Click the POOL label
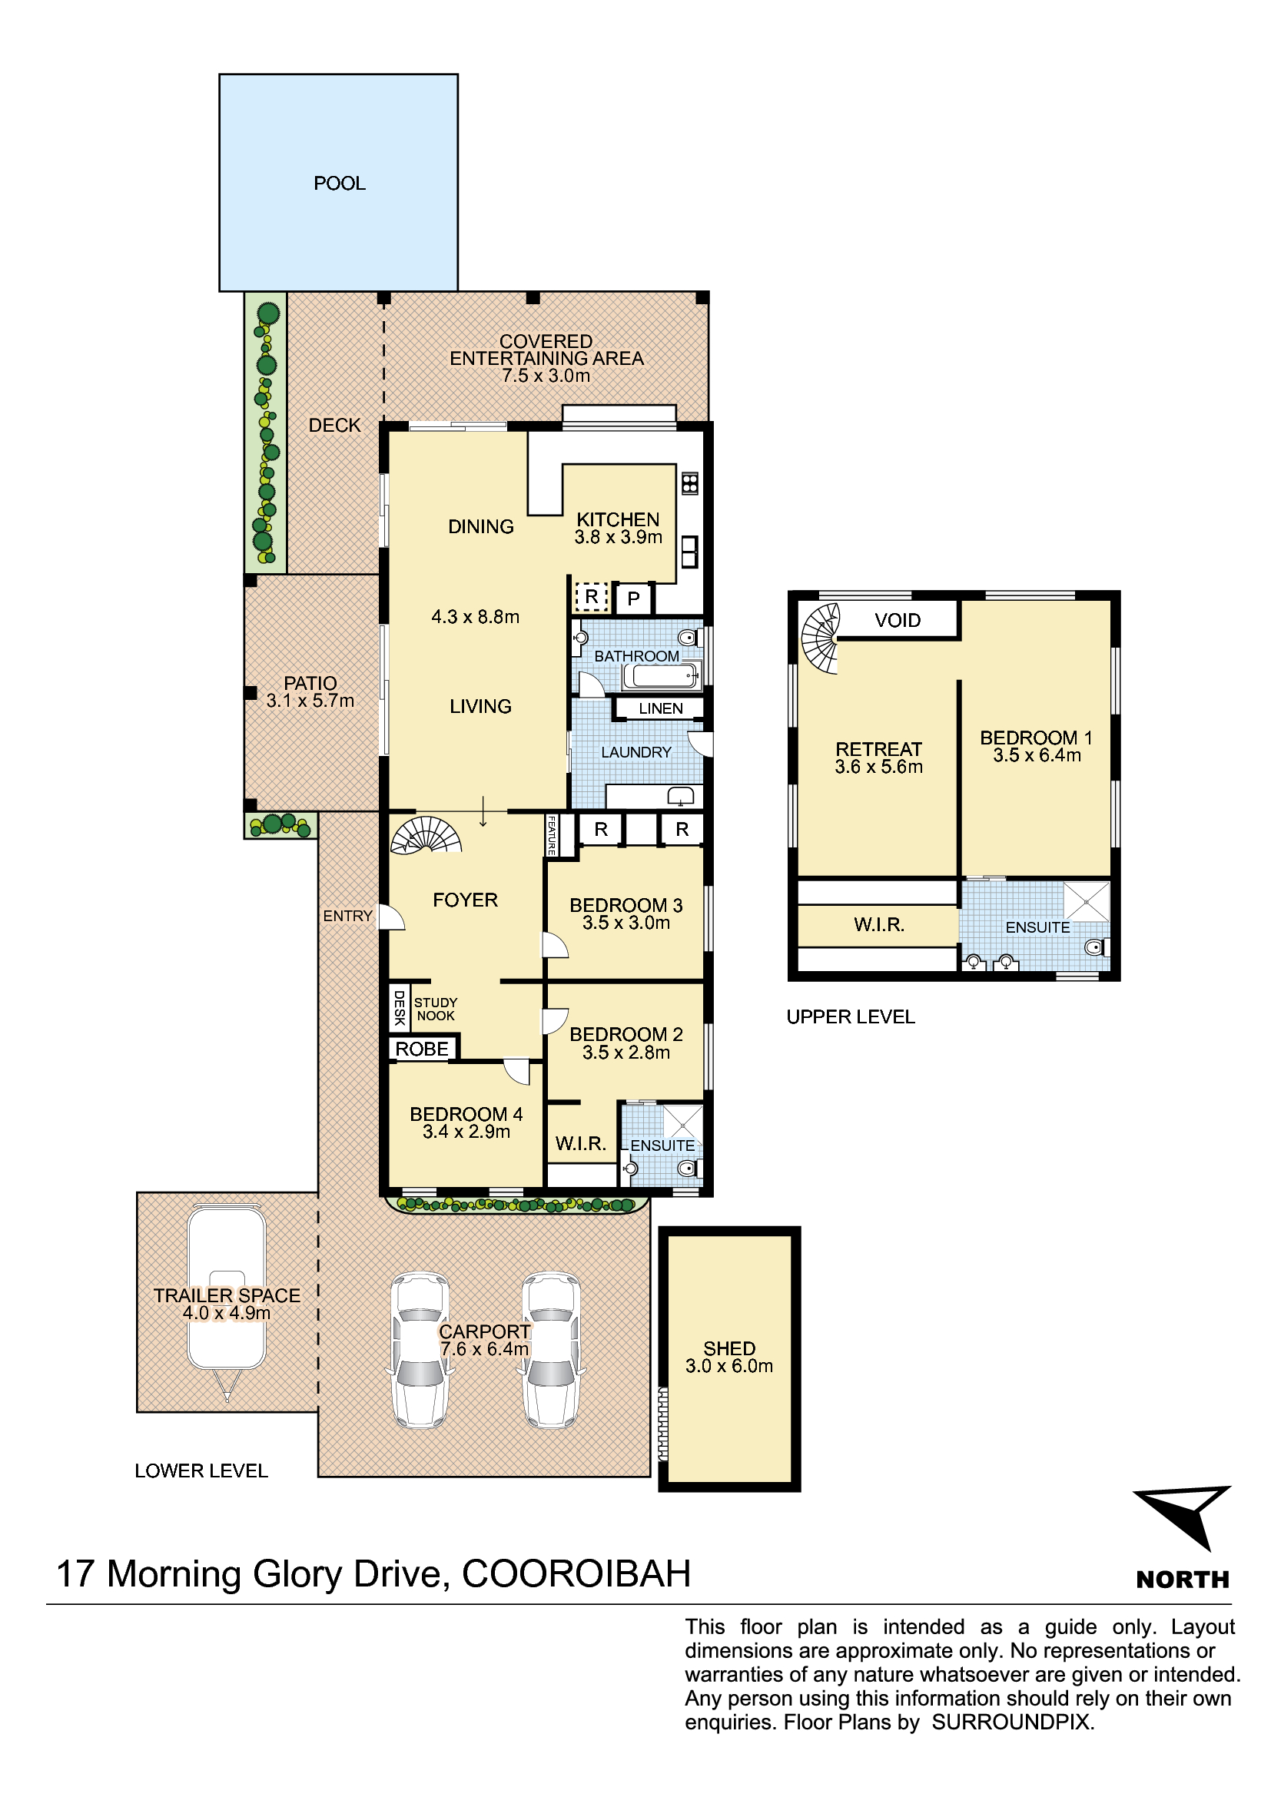pos(339,183)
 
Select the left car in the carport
pos(420,1350)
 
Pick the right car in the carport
pos(552,1350)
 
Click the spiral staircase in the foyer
pos(426,834)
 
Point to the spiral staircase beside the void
pos(820,638)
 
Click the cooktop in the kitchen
pos(689,483)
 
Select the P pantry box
pos(634,599)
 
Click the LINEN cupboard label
pos(661,708)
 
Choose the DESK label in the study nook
pos(399,1007)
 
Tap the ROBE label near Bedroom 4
pos(422,1049)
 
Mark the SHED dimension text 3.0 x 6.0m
pos(729,1366)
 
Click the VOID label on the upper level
pos(898,620)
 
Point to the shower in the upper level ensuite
pos(1087,902)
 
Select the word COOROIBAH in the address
pos(577,1574)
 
